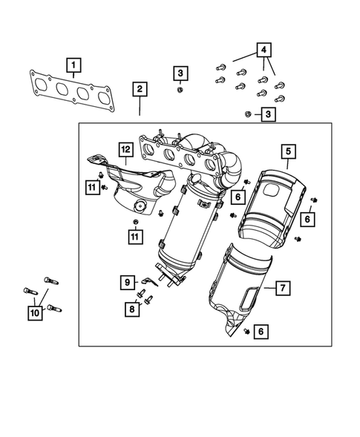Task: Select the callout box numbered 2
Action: [140, 90]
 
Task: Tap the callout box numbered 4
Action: [263, 51]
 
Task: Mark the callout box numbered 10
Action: [35, 314]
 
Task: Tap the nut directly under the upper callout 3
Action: [180, 90]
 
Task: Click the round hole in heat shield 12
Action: [139, 206]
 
